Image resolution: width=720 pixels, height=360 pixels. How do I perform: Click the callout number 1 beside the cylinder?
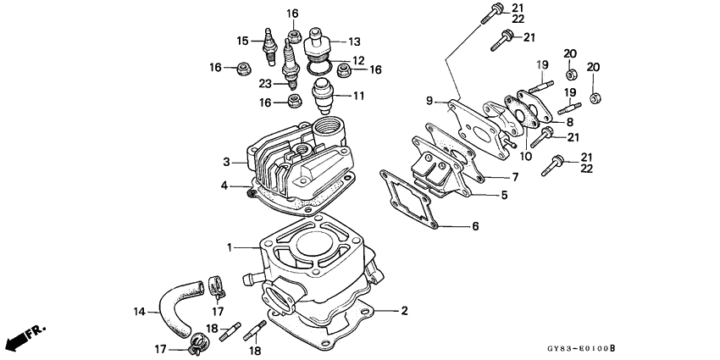point(228,247)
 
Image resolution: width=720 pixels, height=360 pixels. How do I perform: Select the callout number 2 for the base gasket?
point(404,311)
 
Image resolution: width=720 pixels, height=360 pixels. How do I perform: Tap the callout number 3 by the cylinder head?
point(226,161)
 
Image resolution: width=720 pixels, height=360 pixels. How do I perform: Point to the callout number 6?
point(474,226)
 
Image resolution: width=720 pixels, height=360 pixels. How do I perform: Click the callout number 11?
point(358,96)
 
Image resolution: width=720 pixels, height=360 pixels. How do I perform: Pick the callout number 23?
point(266,83)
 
